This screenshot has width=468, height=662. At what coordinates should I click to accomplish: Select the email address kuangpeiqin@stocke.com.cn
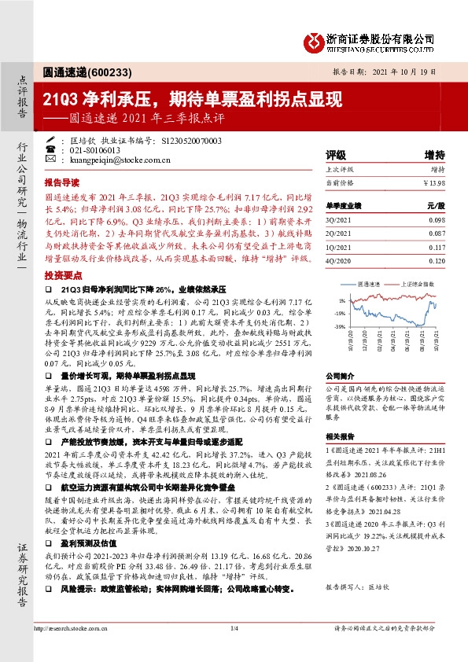click(114, 159)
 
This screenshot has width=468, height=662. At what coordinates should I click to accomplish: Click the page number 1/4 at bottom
click(234, 649)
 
